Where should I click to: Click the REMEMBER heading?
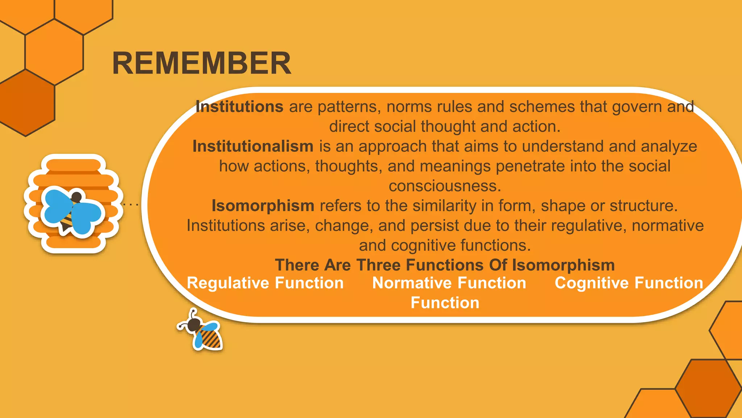click(x=201, y=63)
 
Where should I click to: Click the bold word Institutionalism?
click(x=253, y=146)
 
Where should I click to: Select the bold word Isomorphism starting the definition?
click(x=263, y=206)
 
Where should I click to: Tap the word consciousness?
click(x=445, y=186)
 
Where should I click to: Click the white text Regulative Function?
click(x=265, y=283)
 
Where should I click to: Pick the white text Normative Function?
click(x=449, y=283)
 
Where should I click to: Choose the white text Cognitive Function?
click(x=629, y=283)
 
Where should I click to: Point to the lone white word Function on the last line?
click(x=445, y=303)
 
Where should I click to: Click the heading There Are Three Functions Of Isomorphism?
click(x=445, y=265)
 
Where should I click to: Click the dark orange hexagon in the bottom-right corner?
click(x=708, y=388)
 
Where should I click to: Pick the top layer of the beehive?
click(x=74, y=164)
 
